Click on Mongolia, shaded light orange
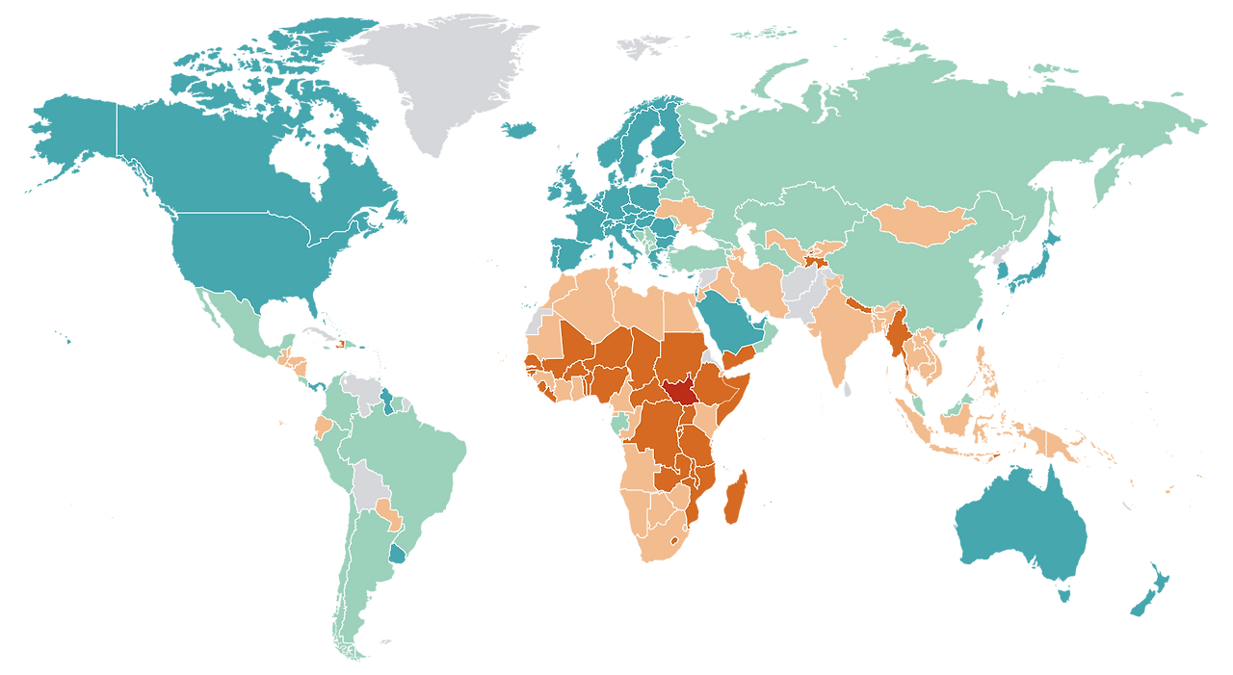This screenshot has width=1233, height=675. [920, 222]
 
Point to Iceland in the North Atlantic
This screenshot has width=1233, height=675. [519, 128]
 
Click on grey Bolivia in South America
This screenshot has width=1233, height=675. [367, 487]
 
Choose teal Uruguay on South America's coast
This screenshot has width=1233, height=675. [396, 556]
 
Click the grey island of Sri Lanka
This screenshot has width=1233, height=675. [847, 387]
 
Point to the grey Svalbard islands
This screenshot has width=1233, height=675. [643, 42]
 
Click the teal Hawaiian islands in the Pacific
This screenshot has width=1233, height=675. [64, 337]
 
